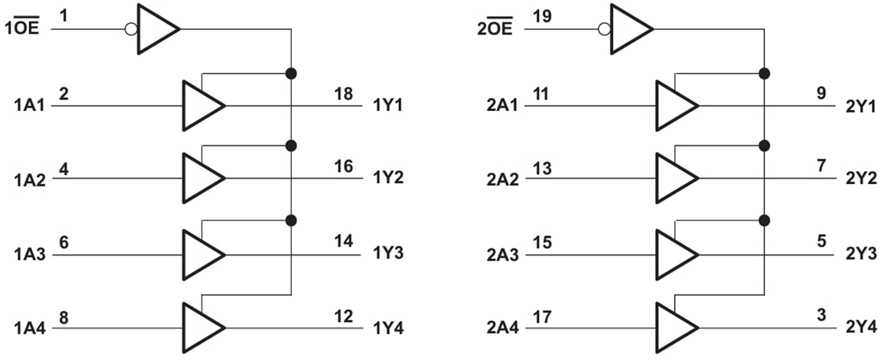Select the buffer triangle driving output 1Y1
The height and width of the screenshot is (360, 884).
click(202, 105)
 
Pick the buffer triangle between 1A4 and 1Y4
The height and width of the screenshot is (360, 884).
click(202, 327)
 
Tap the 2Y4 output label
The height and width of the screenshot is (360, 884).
click(861, 329)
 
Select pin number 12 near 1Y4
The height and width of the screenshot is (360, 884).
click(343, 316)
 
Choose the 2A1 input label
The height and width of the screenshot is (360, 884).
click(505, 105)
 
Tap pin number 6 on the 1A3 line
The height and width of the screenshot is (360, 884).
click(63, 240)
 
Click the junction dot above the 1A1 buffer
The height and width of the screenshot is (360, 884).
click(291, 73)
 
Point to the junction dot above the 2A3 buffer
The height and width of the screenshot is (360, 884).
click(763, 220)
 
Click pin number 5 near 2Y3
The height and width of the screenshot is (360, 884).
click(821, 240)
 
